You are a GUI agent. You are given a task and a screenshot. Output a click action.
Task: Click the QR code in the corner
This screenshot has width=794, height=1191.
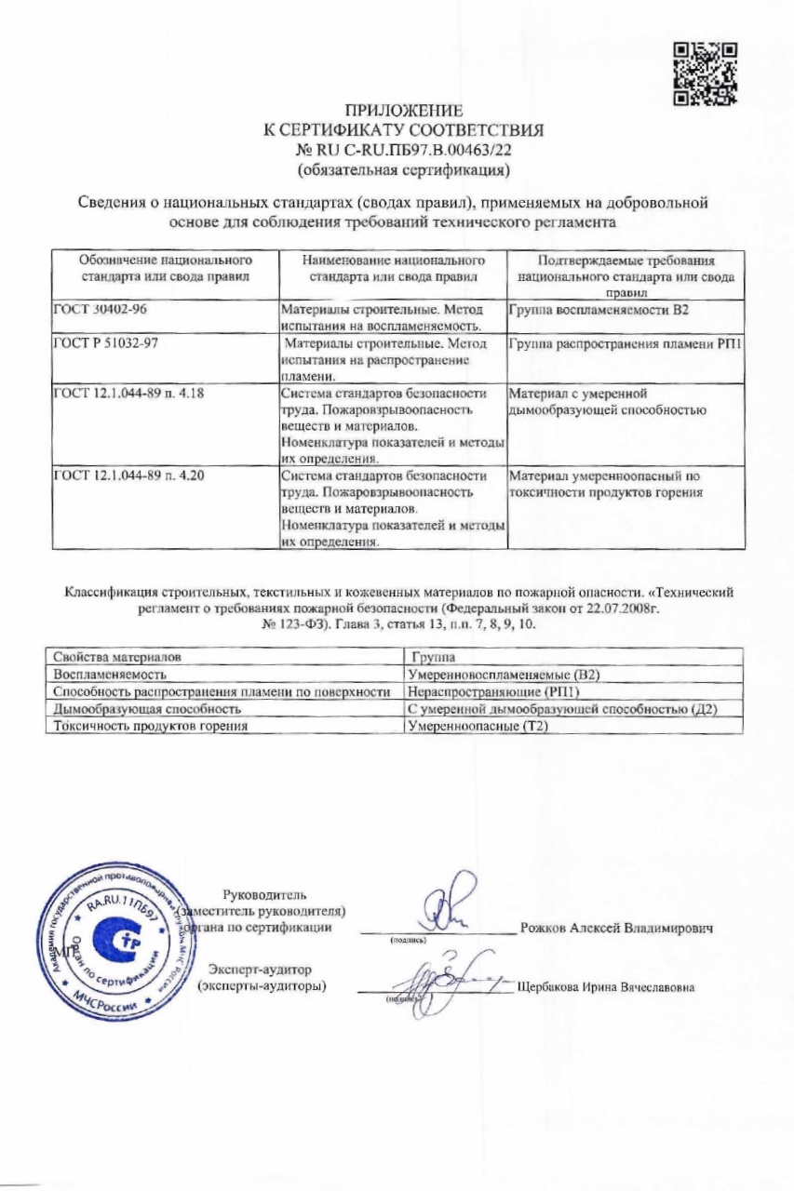pos(705,74)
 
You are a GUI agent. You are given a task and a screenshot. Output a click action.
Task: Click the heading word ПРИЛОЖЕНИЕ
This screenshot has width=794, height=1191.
pos(403,114)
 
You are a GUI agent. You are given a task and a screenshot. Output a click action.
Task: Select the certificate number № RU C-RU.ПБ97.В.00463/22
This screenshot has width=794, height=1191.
pos(403,150)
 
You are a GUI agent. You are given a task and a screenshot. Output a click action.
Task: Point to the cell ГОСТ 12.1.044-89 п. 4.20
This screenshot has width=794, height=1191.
pos(129,476)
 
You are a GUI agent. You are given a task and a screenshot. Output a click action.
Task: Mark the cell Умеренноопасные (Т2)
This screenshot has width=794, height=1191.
pos(477,726)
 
